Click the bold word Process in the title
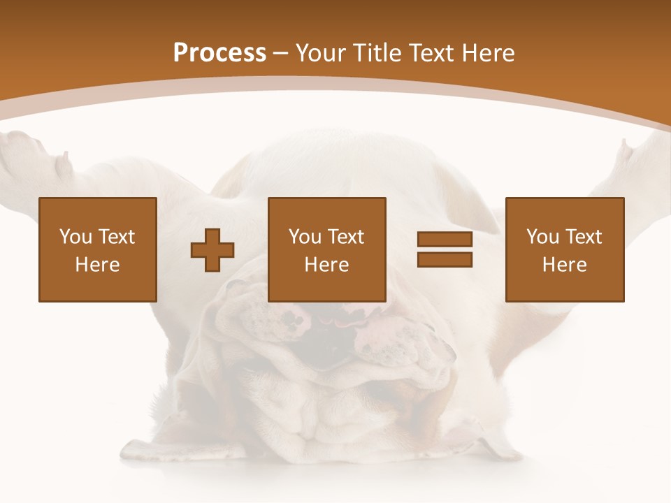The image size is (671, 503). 219,53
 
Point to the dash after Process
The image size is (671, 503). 281,53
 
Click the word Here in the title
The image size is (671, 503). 486,53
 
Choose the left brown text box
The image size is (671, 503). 98,249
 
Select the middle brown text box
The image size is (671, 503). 327,249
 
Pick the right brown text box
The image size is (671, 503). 565,249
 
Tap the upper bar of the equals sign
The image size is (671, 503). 445,240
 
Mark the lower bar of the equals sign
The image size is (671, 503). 445,259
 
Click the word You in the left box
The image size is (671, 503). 75,237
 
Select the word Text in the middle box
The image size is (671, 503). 346,237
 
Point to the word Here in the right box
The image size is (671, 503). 565,265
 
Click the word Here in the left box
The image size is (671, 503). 98,265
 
